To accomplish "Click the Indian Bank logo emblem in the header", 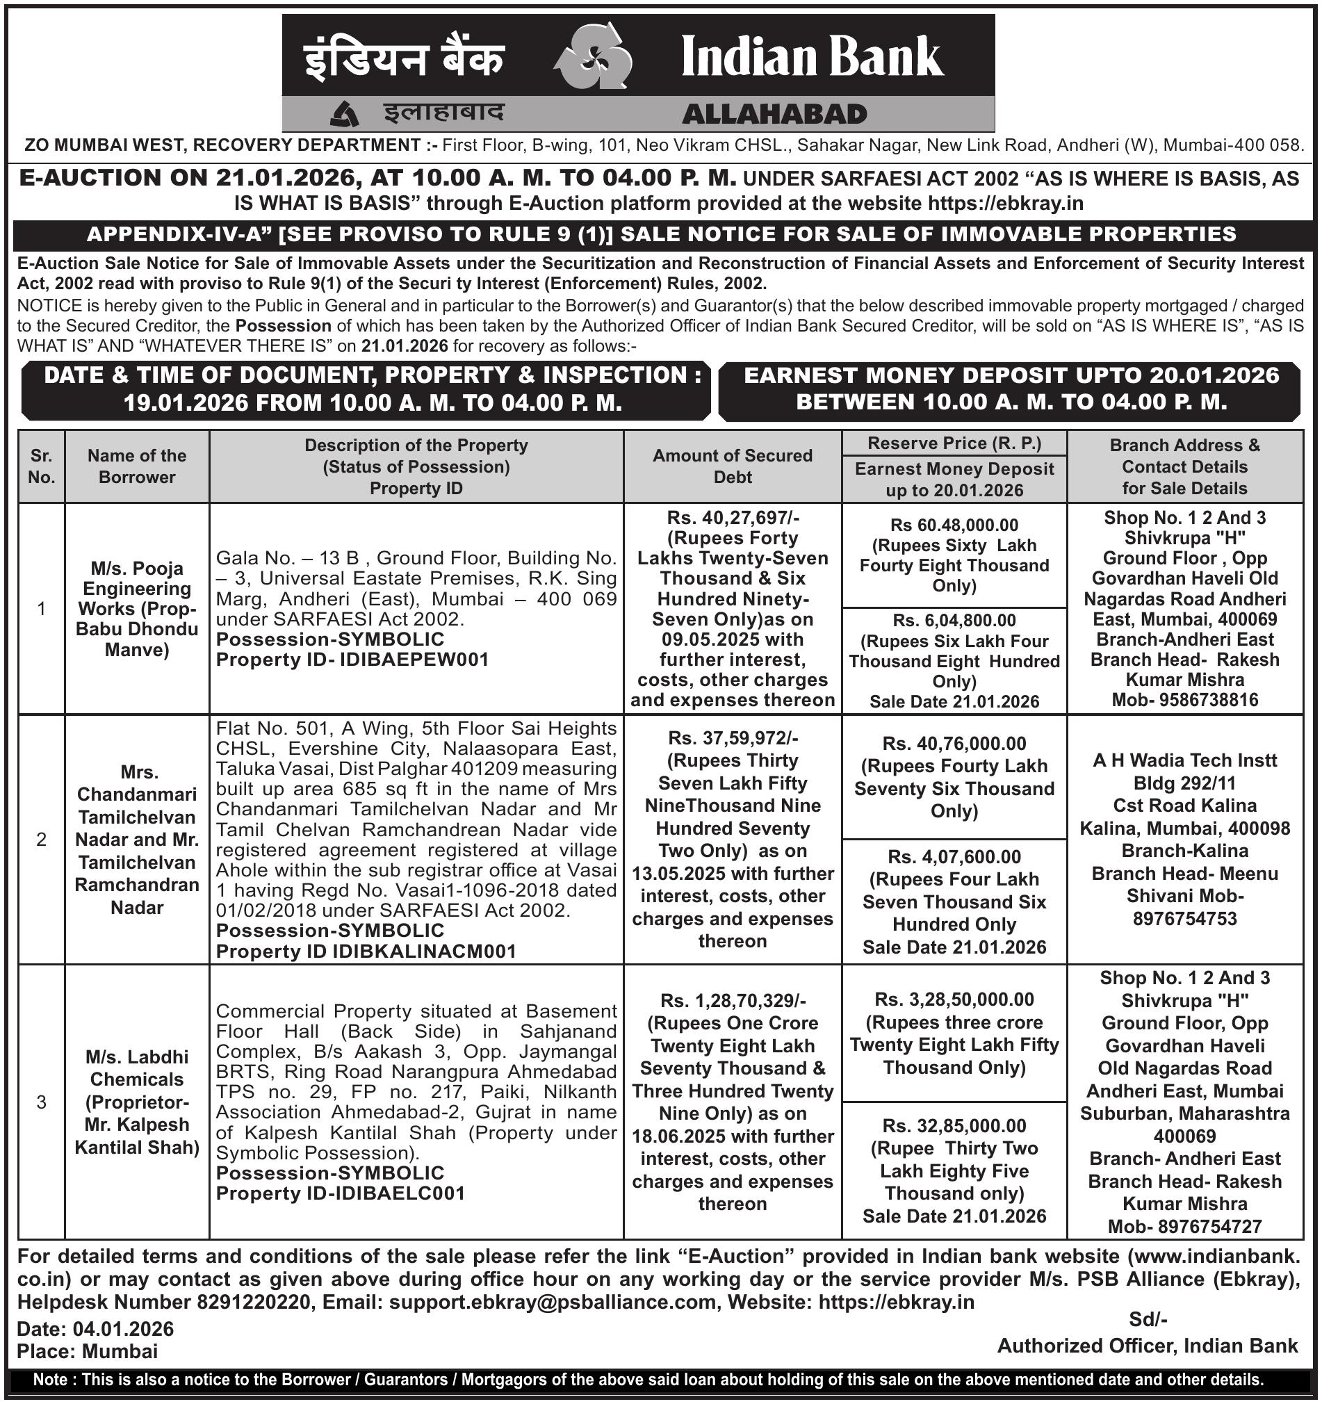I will point(591,56).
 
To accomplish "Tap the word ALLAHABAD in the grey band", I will point(774,115).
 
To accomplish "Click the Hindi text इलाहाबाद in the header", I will point(443,113).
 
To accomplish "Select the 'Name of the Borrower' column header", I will point(137,466).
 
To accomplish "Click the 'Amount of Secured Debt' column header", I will point(733,466).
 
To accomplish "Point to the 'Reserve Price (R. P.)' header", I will point(954,443).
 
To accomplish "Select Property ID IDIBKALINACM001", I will point(423,952).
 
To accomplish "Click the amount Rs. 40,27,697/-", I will point(733,518).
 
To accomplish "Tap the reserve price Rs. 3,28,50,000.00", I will point(954,999).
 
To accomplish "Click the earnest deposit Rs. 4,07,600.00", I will point(954,857).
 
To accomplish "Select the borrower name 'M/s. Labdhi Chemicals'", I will point(137,1068).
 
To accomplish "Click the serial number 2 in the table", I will point(42,840).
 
